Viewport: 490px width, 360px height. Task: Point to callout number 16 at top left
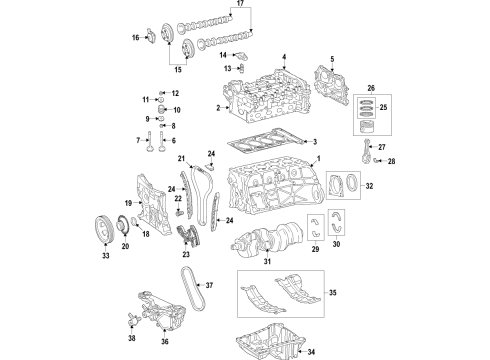[136, 38]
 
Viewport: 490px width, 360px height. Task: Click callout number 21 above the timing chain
[182, 160]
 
